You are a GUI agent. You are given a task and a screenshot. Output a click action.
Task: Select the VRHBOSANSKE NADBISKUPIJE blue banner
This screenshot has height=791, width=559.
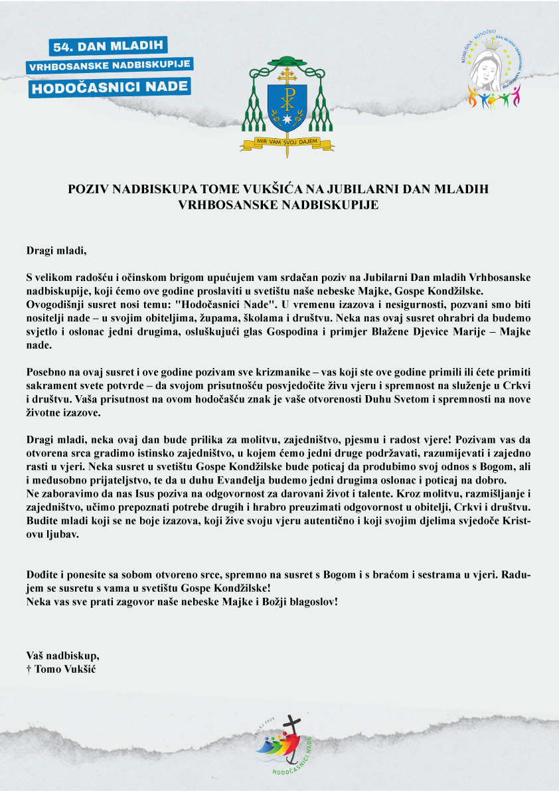point(110,66)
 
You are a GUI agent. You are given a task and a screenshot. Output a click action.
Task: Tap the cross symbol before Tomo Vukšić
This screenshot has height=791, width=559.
point(29,668)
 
